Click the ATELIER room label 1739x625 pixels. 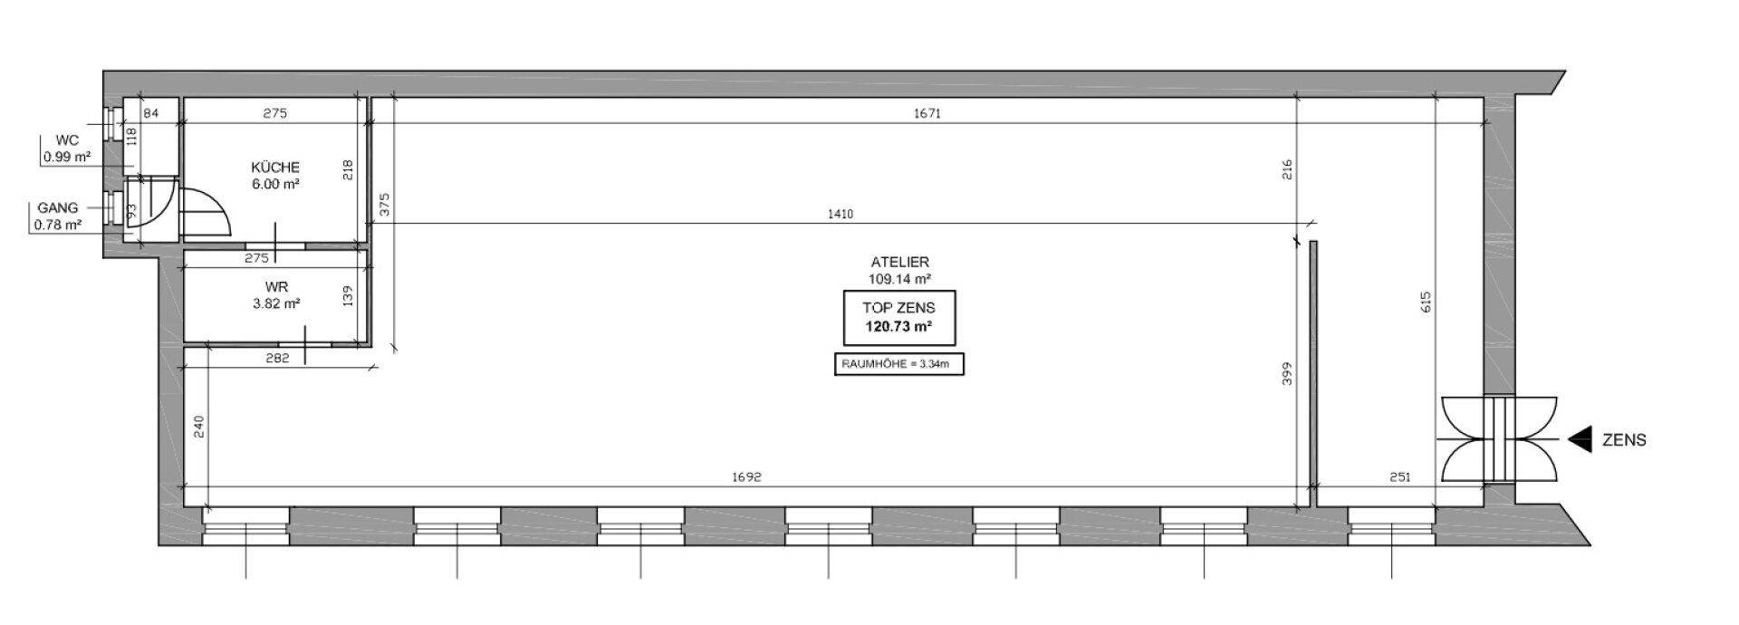tap(899, 262)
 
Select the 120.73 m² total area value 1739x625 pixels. tap(899, 326)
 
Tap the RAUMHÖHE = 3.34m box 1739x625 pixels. tap(898, 364)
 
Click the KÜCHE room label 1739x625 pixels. tap(275, 167)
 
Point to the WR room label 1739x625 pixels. tap(276, 287)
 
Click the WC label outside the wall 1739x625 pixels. tap(67, 140)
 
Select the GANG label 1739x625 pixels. tap(58, 207)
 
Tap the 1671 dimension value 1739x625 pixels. tap(928, 113)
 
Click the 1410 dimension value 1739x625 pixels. tap(840, 215)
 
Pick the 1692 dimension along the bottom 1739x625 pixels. tap(747, 476)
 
